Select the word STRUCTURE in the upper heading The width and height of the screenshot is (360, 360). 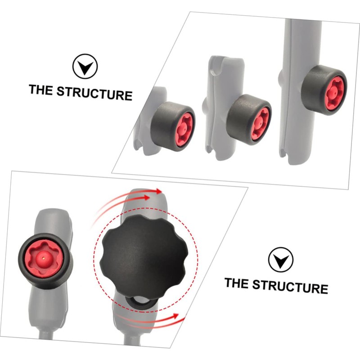94,93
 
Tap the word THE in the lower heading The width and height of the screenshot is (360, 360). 237,283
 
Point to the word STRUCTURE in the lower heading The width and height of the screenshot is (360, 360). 290,286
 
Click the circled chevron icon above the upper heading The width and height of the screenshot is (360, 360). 85,67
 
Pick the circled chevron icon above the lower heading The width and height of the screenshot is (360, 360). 281,260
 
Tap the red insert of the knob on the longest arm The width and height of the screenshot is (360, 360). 334,92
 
